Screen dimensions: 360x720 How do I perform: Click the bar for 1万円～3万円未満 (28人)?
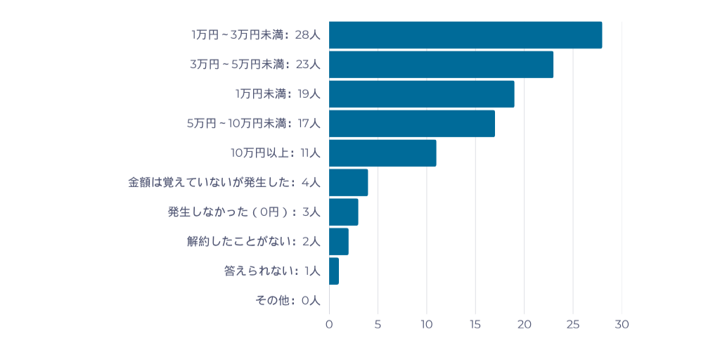tap(465, 35)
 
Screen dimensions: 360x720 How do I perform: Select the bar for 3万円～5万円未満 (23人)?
tap(441, 65)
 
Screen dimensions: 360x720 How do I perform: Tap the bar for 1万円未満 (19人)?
tap(421, 94)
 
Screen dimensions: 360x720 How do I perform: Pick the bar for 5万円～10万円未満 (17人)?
tap(411, 124)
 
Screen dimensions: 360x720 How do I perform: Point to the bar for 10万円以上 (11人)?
tap(382, 153)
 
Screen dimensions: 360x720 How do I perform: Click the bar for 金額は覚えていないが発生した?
tap(348, 182)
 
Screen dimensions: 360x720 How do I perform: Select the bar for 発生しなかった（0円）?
tap(343, 212)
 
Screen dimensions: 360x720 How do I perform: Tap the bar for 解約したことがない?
tap(338, 241)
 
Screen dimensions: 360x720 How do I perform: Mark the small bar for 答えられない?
tap(334, 271)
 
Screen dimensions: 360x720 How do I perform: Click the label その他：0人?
tap(288, 300)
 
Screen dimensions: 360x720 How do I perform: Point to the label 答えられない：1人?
tap(272, 271)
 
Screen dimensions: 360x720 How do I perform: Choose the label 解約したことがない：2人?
tap(253, 241)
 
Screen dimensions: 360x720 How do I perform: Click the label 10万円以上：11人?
tap(276, 153)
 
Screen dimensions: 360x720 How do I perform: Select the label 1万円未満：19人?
tap(278, 94)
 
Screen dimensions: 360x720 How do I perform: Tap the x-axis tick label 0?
tap(329, 325)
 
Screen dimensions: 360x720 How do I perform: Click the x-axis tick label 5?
tap(378, 325)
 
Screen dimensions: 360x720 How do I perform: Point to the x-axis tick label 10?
tap(426, 325)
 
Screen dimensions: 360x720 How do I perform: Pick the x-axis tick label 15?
tap(475, 325)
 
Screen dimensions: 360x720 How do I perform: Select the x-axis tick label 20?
tap(524, 325)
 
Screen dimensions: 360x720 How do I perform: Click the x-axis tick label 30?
tap(622, 325)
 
